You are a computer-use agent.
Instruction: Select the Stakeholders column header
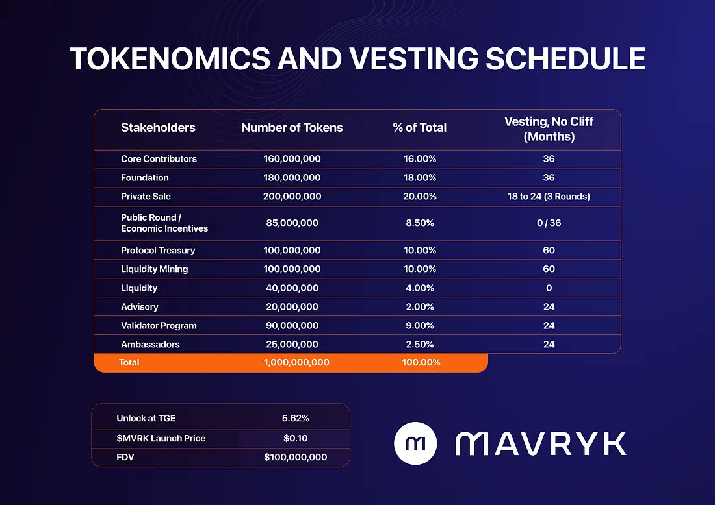tap(158, 128)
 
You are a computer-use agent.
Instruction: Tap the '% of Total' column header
tap(419, 128)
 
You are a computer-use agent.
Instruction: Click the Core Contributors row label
tap(159, 159)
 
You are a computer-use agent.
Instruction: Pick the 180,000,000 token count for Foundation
tap(292, 178)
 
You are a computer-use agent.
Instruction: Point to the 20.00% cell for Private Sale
tap(419, 197)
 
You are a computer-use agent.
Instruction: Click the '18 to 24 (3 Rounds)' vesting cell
tap(549, 197)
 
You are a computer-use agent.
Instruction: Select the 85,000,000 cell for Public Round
tap(292, 223)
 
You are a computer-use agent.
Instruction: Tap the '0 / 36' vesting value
tap(549, 223)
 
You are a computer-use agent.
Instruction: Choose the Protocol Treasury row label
tap(158, 251)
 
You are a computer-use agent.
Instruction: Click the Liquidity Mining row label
tap(154, 269)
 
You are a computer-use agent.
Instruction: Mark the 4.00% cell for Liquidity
tap(419, 288)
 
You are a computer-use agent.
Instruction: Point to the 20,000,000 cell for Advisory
tap(292, 307)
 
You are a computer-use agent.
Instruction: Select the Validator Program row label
tap(159, 326)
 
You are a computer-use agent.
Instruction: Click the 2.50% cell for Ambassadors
tap(419, 345)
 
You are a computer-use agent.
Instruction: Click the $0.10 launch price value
tap(295, 439)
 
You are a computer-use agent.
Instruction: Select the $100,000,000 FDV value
tap(295, 458)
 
